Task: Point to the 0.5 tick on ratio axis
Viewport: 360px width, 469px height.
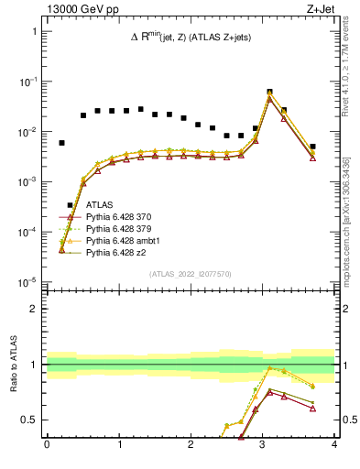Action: pos(31,420)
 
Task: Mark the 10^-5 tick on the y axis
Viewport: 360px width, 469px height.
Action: pos(29,281)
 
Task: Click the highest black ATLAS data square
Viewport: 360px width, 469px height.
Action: pos(269,93)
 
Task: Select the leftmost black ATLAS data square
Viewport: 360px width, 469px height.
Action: pos(61,143)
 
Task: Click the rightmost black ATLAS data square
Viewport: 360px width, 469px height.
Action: pos(312,147)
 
